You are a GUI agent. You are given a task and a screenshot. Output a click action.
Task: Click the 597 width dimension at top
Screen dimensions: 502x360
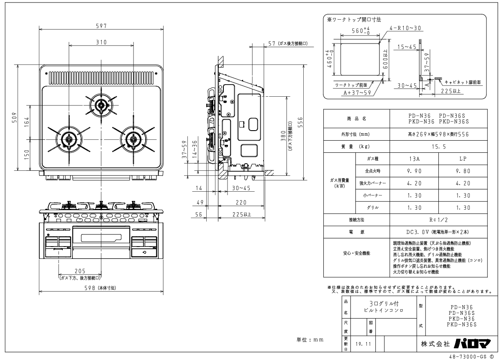[x=101, y=26]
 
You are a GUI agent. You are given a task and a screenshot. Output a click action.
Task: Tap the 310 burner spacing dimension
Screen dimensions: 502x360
[x=101, y=42]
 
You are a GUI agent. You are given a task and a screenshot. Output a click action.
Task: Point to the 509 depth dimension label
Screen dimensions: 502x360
[x=14, y=118]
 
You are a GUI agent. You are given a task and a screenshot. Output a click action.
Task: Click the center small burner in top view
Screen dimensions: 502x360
[x=101, y=105]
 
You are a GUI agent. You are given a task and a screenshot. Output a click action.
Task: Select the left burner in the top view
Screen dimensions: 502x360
[x=69, y=139]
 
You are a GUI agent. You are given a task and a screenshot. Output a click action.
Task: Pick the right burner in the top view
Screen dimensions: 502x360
[x=133, y=139]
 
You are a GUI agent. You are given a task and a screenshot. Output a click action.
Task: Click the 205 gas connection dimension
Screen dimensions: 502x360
[x=80, y=271]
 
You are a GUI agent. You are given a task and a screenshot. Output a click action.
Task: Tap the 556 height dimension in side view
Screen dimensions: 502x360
[x=300, y=122]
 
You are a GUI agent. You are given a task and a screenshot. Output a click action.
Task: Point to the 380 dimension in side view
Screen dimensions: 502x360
[x=283, y=136]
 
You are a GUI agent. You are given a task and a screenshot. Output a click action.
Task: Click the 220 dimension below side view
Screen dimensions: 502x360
[x=241, y=203]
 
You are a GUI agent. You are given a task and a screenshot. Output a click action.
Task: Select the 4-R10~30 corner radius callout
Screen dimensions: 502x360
[x=405, y=28]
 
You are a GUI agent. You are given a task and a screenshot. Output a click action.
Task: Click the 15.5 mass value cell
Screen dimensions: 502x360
[x=438, y=147]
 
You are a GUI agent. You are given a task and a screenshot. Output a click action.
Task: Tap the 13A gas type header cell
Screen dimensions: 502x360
[x=414, y=159]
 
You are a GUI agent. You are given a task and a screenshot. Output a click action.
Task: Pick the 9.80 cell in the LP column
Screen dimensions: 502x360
[x=463, y=171]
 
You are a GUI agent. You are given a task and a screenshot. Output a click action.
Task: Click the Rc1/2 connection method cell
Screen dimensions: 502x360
[x=438, y=220]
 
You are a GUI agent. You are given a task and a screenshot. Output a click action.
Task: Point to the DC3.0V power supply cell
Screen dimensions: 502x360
[x=438, y=232]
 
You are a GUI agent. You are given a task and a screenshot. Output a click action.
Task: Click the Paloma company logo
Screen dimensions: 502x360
[x=472, y=344]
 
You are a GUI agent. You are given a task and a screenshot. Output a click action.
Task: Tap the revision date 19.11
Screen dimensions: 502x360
[x=363, y=344]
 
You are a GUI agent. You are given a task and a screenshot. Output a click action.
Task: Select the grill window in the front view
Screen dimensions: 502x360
[x=101, y=238]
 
